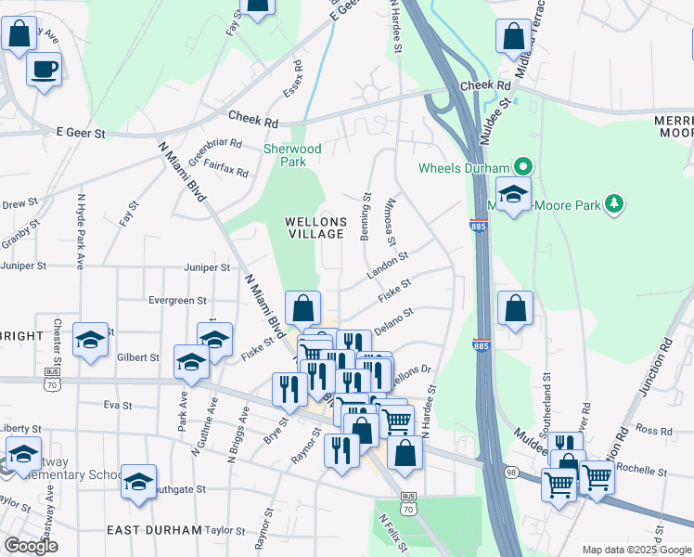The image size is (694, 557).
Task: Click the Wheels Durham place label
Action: tap(464, 168)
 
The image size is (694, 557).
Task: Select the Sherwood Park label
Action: tap(292, 155)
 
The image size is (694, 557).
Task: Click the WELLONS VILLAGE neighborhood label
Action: tap(315, 228)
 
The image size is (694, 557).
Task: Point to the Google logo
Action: tap(30, 546)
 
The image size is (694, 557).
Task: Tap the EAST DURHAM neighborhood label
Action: tap(154, 530)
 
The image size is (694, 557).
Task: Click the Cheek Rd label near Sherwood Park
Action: tap(252, 119)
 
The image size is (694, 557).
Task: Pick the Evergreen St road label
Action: tap(176, 300)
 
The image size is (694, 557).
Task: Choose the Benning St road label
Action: tap(367, 216)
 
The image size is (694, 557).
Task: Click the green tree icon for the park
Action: tap(612, 202)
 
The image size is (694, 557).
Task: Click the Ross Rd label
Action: tap(654, 431)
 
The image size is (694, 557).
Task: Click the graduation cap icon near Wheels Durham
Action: tap(511, 195)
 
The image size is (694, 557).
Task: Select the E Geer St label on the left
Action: tap(81, 134)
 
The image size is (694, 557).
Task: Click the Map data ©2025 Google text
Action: tap(636, 550)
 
